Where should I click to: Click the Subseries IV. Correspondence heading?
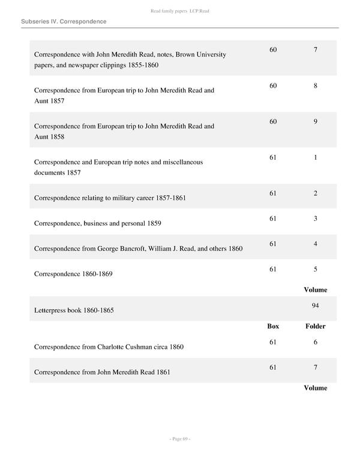pyautogui.click(x=64, y=22)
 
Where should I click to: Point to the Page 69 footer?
pyautogui.click(x=179, y=439)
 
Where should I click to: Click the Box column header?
pyautogui.click(x=273, y=326)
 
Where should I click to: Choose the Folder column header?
pyautogui.click(x=315, y=326)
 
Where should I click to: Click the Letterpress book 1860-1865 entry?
pyautogui.click(x=74, y=310)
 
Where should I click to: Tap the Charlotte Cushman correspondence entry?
pyautogui.click(x=109, y=346)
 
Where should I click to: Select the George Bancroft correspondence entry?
pyautogui.click(x=138, y=248)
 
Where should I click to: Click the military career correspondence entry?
pyautogui.click(x=110, y=198)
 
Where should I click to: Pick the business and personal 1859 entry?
pyautogui.click(x=97, y=223)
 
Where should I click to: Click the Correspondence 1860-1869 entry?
pyautogui.click(x=73, y=274)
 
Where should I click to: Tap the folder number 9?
pyautogui.click(x=315, y=122)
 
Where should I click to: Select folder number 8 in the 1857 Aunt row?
pyautogui.click(x=315, y=86)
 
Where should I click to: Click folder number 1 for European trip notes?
pyautogui.click(x=315, y=158)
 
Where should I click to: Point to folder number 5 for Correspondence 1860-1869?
pyautogui.click(x=315, y=269)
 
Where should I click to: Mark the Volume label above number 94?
pyautogui.click(x=315, y=289)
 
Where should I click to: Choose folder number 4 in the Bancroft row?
pyautogui.click(x=315, y=244)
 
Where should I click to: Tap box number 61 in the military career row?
pyautogui.click(x=273, y=193)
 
